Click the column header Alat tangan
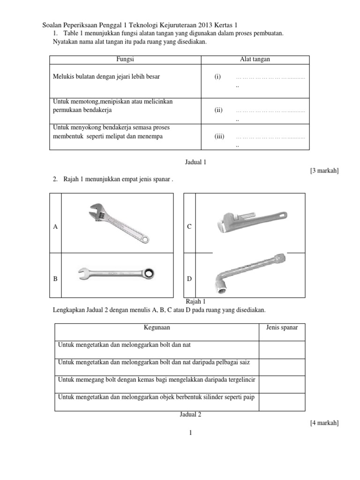(x=255, y=60)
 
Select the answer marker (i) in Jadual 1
(x=217, y=77)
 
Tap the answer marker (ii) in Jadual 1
(x=218, y=111)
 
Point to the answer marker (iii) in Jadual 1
(x=219, y=137)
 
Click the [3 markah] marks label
(x=324, y=171)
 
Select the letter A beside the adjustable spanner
(x=55, y=227)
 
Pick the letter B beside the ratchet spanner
(x=55, y=278)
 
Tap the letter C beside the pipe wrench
(x=189, y=227)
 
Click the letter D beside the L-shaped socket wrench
(x=189, y=278)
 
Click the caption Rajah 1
(x=196, y=302)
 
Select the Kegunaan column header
(x=157, y=327)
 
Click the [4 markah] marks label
(x=324, y=423)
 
